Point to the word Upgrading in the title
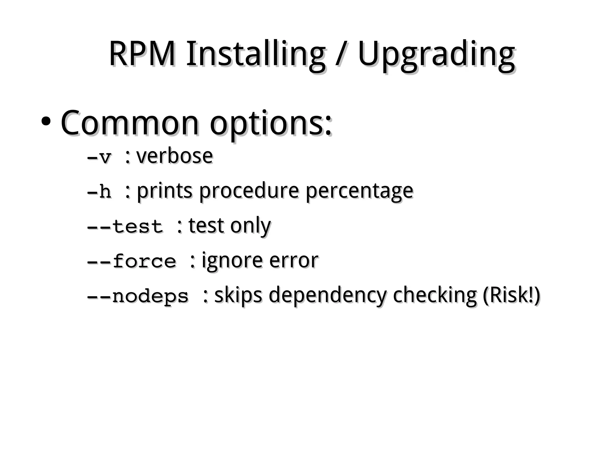(436, 55)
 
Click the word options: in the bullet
(271, 123)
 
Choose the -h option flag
(99, 191)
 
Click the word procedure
(249, 191)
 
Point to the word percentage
(359, 191)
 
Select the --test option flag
(125, 226)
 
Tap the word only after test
(250, 226)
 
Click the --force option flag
(131, 261)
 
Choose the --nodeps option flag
(138, 296)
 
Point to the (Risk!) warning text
(511, 295)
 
